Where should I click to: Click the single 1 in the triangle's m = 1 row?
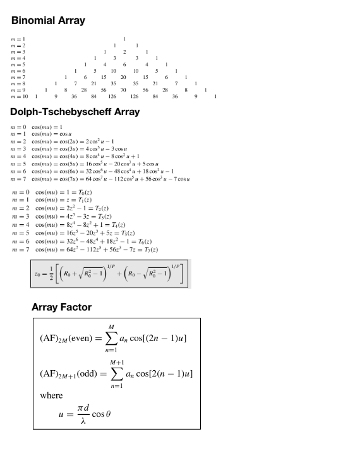(x=124, y=39)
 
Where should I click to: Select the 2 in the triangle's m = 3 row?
(x=124, y=52)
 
